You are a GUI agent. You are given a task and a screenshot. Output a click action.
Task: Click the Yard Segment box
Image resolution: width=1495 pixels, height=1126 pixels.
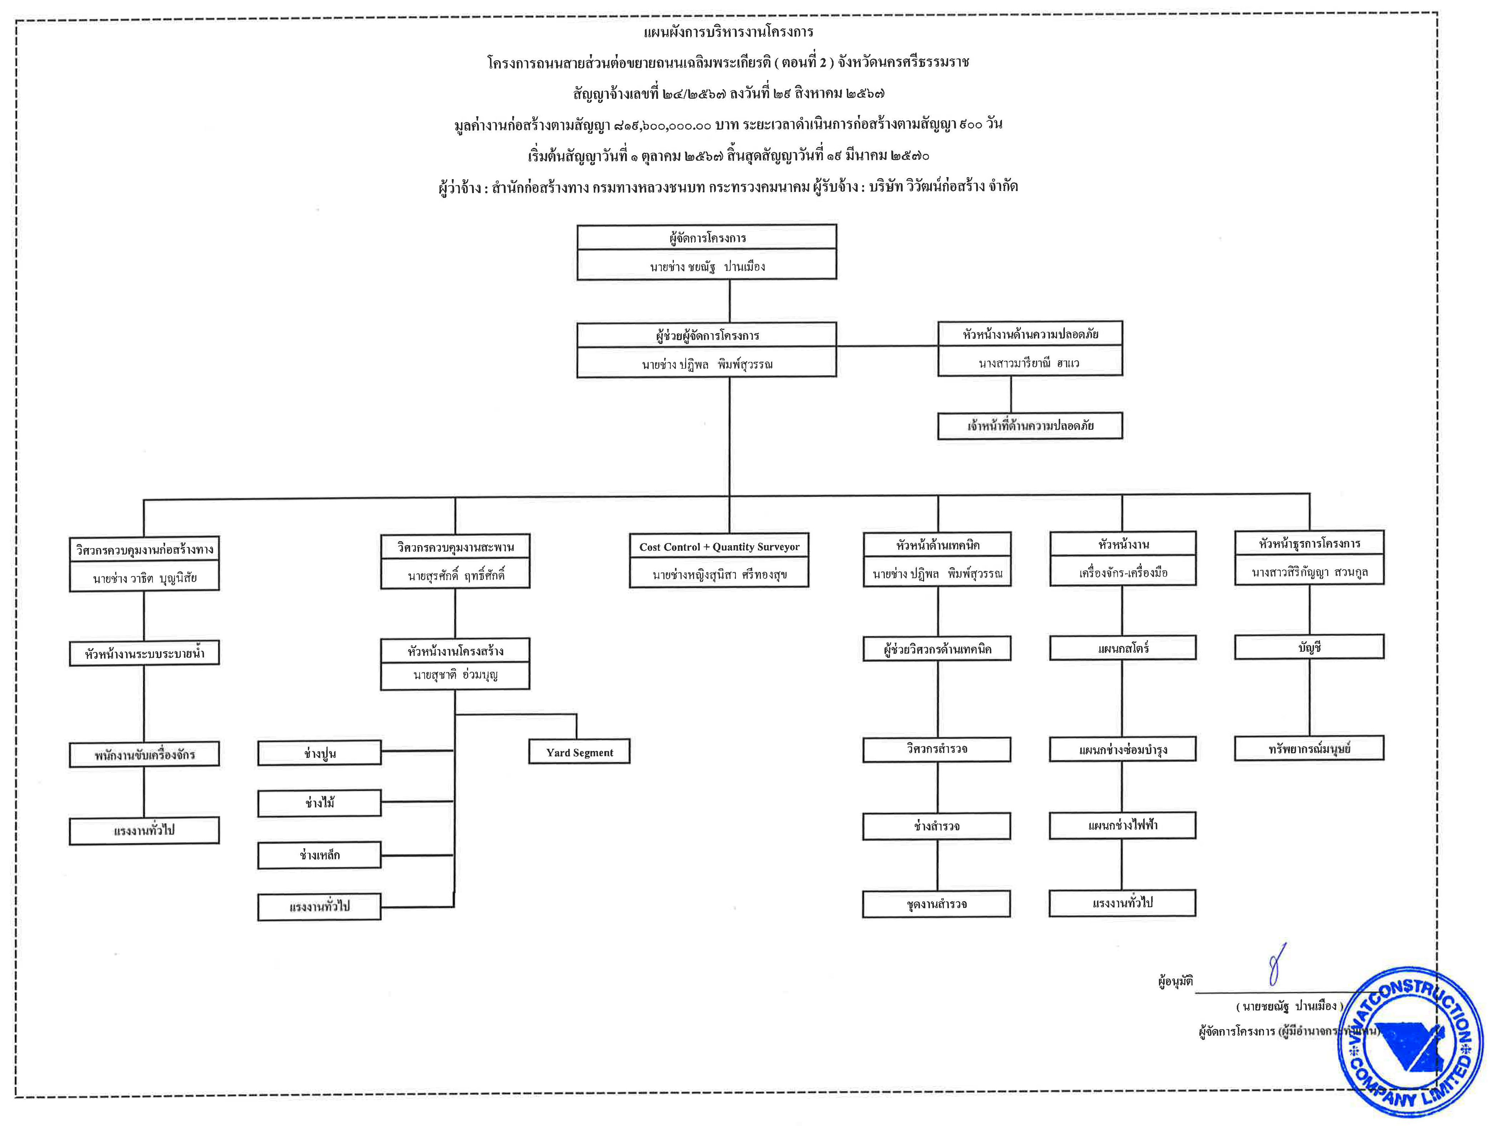(579, 752)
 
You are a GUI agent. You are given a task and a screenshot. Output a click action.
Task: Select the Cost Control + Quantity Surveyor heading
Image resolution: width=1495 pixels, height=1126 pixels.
(719, 546)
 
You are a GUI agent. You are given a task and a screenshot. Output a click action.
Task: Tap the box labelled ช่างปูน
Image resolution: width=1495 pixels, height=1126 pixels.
(320, 753)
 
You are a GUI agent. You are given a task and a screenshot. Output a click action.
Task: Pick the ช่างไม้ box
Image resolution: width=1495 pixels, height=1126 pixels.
(320, 803)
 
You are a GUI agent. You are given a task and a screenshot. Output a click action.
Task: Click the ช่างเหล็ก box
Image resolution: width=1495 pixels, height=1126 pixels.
(320, 855)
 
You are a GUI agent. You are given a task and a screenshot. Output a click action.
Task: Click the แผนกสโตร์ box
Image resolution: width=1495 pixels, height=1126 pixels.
(1123, 648)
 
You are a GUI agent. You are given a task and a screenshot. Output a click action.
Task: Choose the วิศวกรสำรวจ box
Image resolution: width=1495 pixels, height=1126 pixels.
(937, 749)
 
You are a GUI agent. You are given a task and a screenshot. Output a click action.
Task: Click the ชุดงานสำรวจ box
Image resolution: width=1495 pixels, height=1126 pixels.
(937, 904)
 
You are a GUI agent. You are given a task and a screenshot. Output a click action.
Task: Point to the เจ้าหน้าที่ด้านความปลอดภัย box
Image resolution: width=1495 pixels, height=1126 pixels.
(1030, 425)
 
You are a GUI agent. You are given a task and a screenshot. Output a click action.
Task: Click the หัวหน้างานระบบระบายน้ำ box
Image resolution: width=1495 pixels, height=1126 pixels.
(144, 653)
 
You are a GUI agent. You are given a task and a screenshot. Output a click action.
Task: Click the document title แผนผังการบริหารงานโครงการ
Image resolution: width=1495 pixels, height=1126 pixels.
(728, 32)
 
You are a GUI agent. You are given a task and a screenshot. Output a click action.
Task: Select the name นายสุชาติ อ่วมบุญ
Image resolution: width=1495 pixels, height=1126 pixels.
(455, 675)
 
